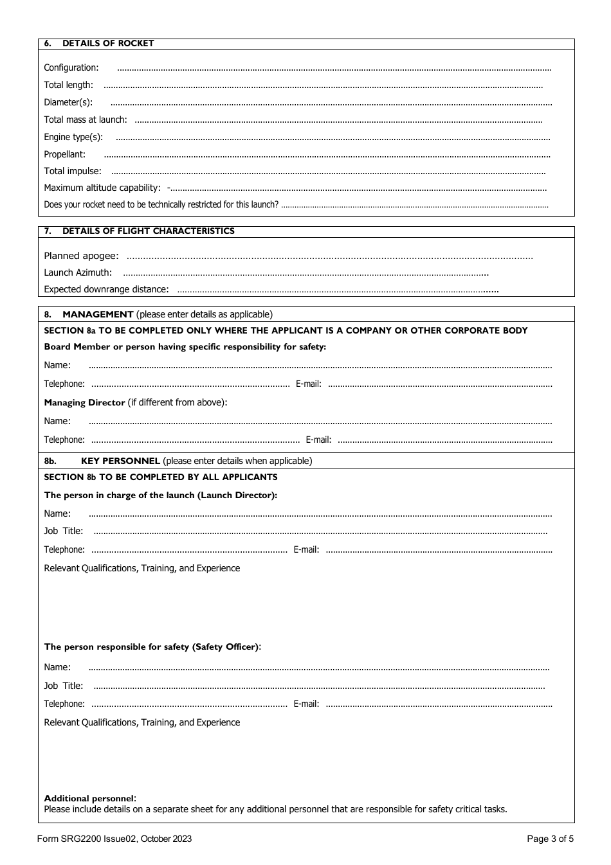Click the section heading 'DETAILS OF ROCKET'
click(108, 44)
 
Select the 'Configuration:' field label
click(71, 67)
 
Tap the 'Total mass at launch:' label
click(86, 120)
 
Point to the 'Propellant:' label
click(64, 154)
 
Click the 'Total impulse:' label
click(73, 171)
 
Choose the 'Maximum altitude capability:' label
click(102, 188)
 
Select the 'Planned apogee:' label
click(81, 256)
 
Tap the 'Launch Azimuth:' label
click(78, 272)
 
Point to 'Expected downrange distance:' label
click(106, 289)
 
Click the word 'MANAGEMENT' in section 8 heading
click(98, 314)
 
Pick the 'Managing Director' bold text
click(84, 402)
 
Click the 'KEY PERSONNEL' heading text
click(120, 461)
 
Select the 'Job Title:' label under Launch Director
click(64, 531)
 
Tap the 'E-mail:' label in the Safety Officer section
click(306, 704)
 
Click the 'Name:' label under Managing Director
click(57, 421)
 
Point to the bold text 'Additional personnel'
click(89, 798)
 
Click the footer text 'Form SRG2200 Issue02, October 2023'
click(114, 839)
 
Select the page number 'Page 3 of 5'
click(550, 839)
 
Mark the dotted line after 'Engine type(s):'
click(333, 138)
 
